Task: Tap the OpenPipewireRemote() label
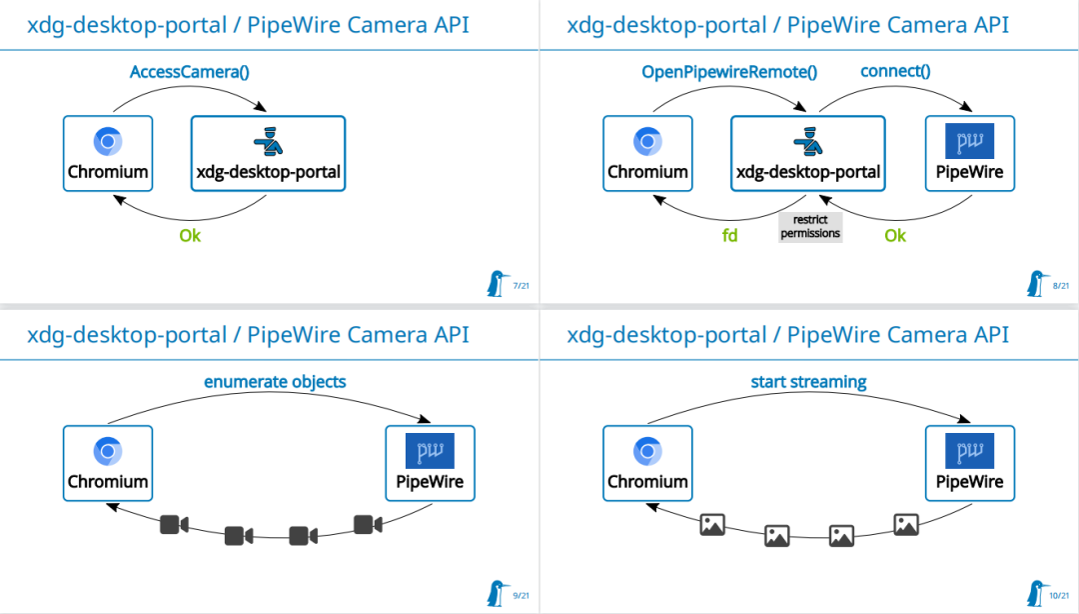728,72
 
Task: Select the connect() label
895,72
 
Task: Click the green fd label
730,236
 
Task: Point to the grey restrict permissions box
810,227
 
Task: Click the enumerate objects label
275,382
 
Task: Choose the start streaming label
808,382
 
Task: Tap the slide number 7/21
521,286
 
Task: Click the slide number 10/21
1059,596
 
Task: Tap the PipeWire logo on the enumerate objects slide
430,451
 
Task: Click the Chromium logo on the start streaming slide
647,452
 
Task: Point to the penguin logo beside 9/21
496,592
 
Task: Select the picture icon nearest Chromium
712,524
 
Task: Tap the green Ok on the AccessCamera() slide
190,236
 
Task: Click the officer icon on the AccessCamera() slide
268,141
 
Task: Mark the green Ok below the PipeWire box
895,236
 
